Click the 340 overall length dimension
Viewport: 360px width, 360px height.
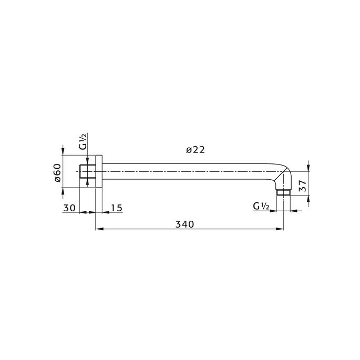point(184,224)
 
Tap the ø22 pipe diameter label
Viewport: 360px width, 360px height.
point(195,150)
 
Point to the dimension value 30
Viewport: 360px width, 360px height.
point(69,208)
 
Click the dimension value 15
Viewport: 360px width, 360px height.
point(116,208)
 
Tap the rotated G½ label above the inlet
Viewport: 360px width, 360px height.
point(84,142)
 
